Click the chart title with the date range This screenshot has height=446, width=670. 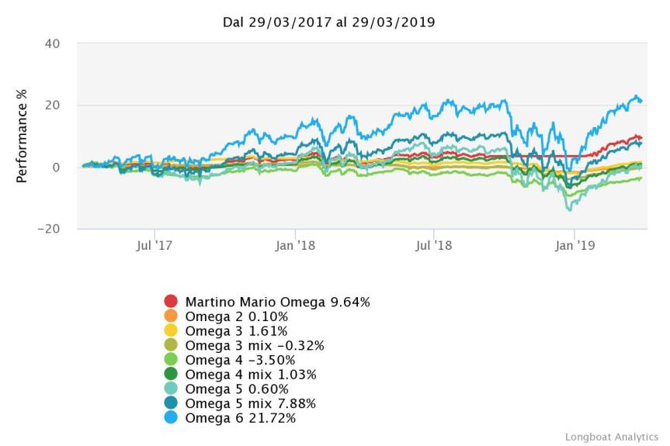point(328,22)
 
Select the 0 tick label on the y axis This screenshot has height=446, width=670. point(57,168)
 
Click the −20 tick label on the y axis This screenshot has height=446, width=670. point(48,230)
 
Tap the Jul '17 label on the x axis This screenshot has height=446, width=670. point(154,245)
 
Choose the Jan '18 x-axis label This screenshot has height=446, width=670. point(295,245)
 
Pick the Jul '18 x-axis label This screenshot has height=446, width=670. point(433,245)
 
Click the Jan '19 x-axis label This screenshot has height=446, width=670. point(574,245)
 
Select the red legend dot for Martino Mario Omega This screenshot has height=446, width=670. point(172,302)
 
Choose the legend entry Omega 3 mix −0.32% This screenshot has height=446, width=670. point(244,346)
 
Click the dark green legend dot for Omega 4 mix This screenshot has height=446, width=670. point(172,375)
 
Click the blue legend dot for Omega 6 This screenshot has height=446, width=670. point(172,419)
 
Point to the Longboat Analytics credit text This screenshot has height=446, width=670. point(611,437)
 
